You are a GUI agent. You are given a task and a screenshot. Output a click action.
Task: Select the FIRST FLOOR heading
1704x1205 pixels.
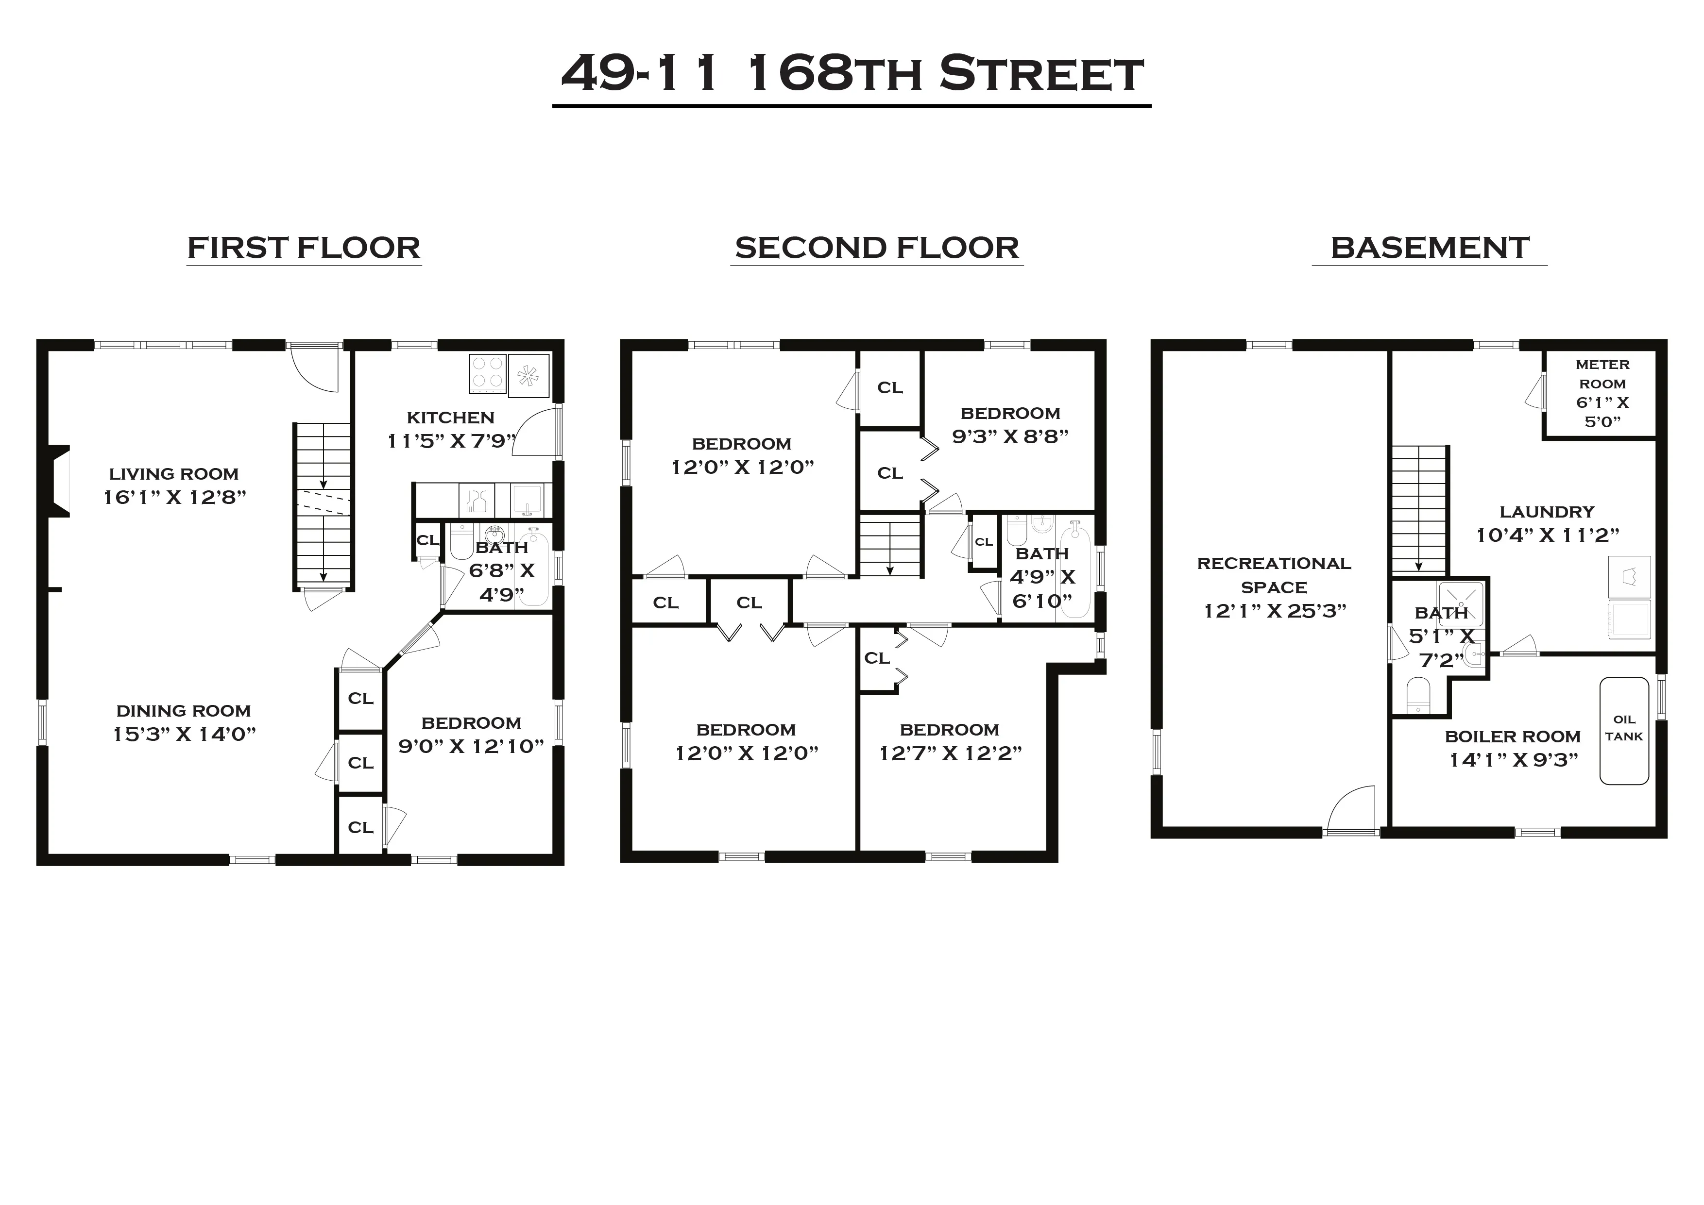click(x=304, y=247)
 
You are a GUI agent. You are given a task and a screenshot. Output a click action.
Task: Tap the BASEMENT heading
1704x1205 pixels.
click(x=1430, y=247)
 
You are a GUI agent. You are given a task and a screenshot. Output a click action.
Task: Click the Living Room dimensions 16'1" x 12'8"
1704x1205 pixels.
click(x=174, y=497)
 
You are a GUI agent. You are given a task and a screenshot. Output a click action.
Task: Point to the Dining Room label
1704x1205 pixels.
click(x=183, y=711)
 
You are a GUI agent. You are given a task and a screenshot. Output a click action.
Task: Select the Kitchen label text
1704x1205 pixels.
click(x=450, y=417)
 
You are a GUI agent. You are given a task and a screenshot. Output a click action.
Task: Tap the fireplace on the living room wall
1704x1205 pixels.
click(x=59, y=481)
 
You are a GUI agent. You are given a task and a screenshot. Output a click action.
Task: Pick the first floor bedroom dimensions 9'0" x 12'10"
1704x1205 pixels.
click(x=471, y=746)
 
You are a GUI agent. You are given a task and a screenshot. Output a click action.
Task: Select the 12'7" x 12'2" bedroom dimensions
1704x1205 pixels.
click(x=950, y=753)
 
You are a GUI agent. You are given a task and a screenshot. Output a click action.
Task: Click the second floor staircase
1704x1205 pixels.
click(x=890, y=548)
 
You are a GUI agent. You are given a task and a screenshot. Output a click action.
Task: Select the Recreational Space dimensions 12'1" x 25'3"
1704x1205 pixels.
click(x=1274, y=611)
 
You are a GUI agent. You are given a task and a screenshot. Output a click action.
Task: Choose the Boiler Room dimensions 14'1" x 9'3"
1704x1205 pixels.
click(x=1513, y=760)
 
